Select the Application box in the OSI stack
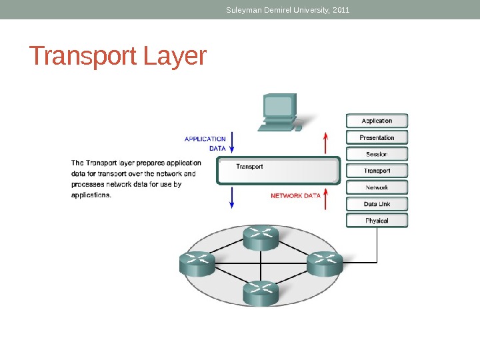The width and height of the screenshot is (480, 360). (377, 121)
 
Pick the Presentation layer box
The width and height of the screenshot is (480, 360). (377, 137)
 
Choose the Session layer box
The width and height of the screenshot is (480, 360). (377, 154)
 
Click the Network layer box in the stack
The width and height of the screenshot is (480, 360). (377, 187)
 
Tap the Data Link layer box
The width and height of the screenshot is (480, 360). (377, 204)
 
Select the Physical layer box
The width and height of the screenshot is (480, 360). (377, 221)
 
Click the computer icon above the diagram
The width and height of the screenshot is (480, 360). (281, 111)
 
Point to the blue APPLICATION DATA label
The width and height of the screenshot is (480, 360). (205, 143)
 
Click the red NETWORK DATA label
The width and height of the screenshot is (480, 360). (295, 196)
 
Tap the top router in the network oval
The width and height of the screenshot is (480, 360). (261, 237)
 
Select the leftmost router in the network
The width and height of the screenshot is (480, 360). (197, 263)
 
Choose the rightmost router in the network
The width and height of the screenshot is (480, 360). (325, 263)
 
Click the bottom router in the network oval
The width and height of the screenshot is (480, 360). (261, 293)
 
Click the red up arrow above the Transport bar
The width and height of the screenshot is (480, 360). (325, 143)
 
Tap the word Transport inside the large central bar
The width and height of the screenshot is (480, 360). (251, 167)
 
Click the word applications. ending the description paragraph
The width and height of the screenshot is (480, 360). (91, 196)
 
